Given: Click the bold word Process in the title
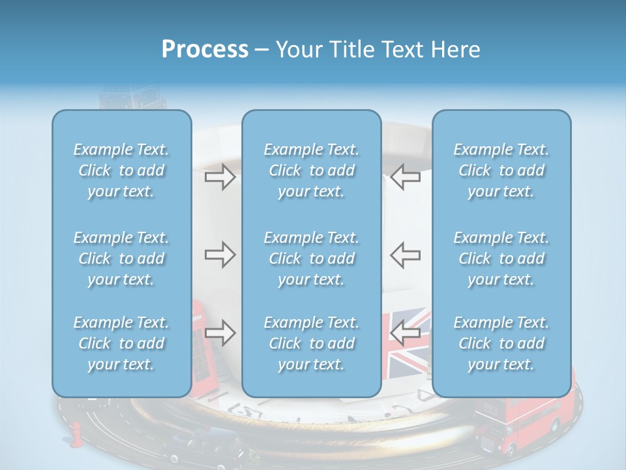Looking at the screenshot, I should coord(205,50).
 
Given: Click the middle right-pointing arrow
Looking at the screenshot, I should coord(220,254).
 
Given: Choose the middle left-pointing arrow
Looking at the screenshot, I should coord(406,254).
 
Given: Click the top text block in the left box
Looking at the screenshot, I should coord(121,170).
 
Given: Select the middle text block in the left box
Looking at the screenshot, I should coord(121,258).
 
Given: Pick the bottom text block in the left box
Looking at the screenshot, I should coord(121,343).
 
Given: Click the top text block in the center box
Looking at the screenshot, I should coord(312,170).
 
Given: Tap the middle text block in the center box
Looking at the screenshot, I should coord(312,258).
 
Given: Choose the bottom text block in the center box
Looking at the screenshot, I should coord(312,343).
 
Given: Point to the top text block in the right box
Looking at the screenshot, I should coord(501,170).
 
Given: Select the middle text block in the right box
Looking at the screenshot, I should coord(501,258).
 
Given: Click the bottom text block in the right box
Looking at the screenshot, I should coord(501,343).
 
